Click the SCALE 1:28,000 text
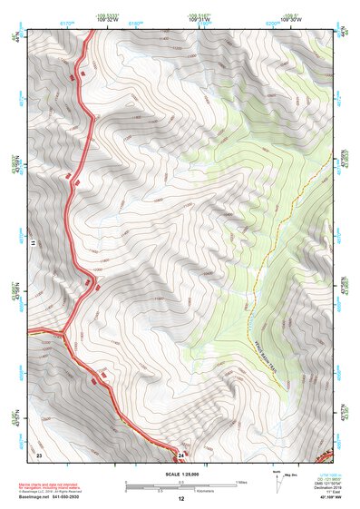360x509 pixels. click(180, 475)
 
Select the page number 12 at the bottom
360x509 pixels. click(180, 499)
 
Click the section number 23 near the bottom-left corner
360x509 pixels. click(39, 454)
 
